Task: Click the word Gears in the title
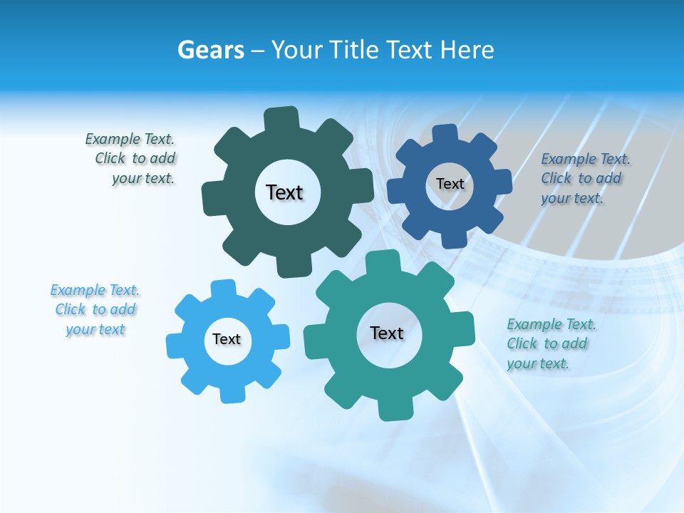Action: (x=211, y=50)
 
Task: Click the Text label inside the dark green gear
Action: (x=284, y=192)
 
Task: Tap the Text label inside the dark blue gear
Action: (x=450, y=184)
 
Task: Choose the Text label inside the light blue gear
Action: (x=227, y=339)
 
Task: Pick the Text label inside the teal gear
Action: (x=387, y=333)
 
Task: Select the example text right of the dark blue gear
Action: (x=584, y=178)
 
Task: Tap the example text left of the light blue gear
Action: (x=95, y=309)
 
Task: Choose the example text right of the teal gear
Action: (x=550, y=343)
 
